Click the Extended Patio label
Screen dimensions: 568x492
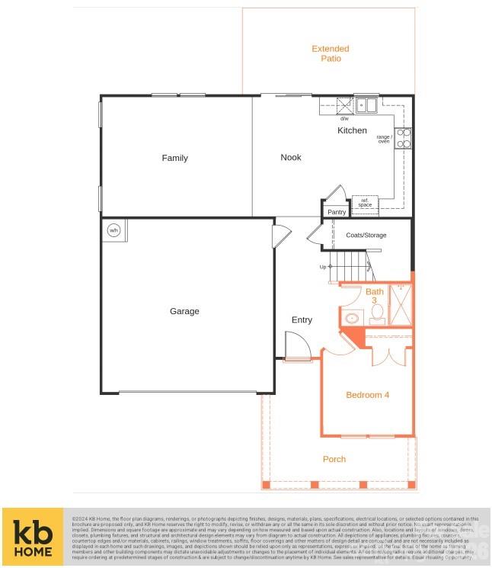point(331,53)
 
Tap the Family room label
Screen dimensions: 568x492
point(174,158)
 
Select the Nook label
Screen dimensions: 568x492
point(291,157)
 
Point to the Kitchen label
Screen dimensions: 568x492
point(352,130)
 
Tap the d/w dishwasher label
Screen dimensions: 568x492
point(344,118)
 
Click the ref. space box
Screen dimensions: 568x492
point(366,203)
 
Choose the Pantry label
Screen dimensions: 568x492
point(337,212)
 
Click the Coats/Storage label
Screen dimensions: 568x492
point(366,236)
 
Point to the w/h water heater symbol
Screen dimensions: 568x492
point(114,229)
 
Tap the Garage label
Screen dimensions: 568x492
point(184,311)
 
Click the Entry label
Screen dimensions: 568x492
point(302,319)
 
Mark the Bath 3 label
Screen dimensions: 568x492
point(375,296)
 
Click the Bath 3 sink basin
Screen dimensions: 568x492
point(353,319)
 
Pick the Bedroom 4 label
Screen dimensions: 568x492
point(367,395)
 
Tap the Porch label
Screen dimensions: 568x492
point(334,459)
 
